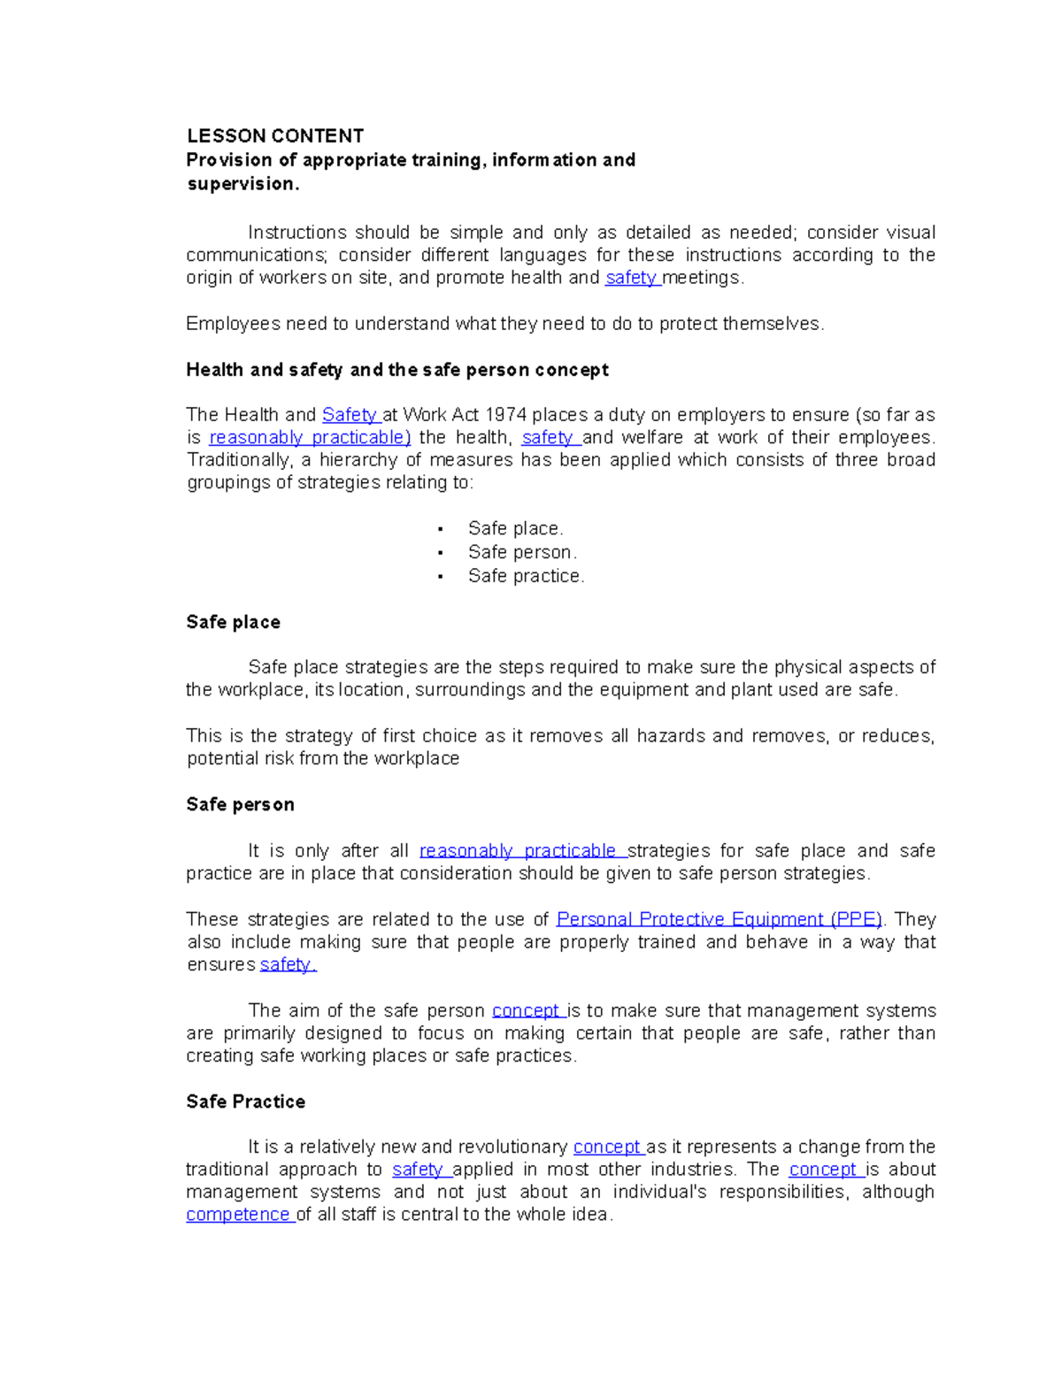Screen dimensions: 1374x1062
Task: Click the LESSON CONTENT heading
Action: coord(274,136)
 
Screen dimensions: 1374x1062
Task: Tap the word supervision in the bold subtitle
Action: coord(242,184)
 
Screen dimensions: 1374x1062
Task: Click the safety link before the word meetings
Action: coord(631,278)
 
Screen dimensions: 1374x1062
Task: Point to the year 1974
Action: coord(505,415)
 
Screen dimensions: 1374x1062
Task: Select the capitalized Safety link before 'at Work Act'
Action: coord(350,415)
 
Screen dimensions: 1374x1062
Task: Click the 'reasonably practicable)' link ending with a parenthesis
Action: coord(310,438)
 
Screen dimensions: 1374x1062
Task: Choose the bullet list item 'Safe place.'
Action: coord(515,529)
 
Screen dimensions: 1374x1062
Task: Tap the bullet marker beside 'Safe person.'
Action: coord(440,553)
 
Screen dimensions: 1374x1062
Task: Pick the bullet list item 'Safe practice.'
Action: coord(526,577)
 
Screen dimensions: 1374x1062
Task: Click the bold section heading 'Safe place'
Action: coord(233,623)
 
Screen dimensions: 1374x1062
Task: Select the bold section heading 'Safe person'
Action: coord(240,805)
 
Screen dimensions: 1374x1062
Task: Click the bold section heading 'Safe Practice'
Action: coord(245,1102)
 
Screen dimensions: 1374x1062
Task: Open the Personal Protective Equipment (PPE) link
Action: coord(719,920)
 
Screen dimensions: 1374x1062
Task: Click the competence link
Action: coord(238,1215)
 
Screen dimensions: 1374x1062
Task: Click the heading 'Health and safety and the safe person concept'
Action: coord(396,370)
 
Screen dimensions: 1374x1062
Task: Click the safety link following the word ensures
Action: coord(287,965)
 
